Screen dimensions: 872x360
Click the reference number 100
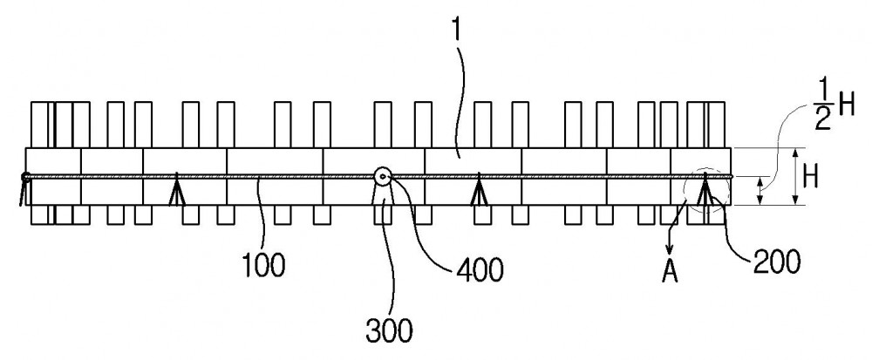point(264,265)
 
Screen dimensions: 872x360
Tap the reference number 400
point(480,270)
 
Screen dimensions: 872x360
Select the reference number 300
point(389,331)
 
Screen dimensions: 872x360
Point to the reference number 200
point(777,262)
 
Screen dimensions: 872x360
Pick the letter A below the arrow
point(670,272)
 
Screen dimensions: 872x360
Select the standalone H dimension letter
point(811,178)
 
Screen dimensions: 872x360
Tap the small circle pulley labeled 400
point(383,177)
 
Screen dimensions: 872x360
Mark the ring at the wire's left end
point(25,177)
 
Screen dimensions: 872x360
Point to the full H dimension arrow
point(795,177)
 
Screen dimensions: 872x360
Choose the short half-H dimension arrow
point(761,191)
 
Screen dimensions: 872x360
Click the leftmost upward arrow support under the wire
point(177,189)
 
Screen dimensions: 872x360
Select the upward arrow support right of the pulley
point(479,189)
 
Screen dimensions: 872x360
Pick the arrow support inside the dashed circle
point(705,189)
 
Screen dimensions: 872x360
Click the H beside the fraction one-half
point(847,105)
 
